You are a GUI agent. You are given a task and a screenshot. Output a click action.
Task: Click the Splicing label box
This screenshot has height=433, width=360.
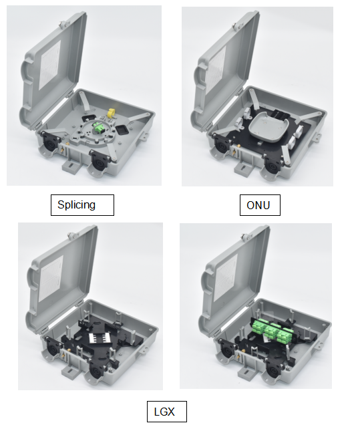click(82, 205)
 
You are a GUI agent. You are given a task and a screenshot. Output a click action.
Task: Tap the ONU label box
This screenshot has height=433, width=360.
click(260, 205)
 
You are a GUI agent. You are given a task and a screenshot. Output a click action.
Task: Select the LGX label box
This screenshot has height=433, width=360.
click(167, 412)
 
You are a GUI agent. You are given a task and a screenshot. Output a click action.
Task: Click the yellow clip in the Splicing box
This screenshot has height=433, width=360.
click(111, 113)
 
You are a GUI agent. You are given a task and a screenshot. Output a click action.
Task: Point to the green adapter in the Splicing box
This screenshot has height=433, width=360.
click(98, 128)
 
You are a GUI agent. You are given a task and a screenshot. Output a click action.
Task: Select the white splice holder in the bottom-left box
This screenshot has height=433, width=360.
click(99, 337)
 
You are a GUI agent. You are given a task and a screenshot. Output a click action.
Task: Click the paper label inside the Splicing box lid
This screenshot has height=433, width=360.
click(49, 65)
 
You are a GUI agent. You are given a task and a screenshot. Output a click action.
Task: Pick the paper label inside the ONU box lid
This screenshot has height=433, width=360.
click(216, 69)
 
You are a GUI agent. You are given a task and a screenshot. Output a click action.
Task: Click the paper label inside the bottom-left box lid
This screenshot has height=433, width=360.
click(51, 279)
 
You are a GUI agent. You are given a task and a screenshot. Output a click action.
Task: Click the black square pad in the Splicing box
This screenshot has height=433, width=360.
click(122, 129)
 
